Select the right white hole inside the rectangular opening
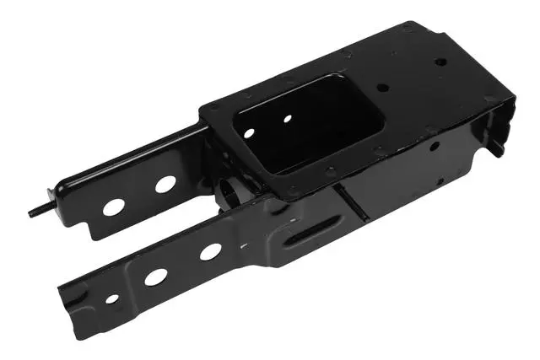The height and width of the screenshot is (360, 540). [x=287, y=119]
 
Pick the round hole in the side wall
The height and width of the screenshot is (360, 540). [x=433, y=145]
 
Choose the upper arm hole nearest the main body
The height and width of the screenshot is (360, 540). [x=165, y=183]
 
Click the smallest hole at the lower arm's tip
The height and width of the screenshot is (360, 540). [x=112, y=298]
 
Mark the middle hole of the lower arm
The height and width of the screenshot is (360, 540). [x=155, y=276]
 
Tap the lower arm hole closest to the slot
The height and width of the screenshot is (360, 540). [x=210, y=251]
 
